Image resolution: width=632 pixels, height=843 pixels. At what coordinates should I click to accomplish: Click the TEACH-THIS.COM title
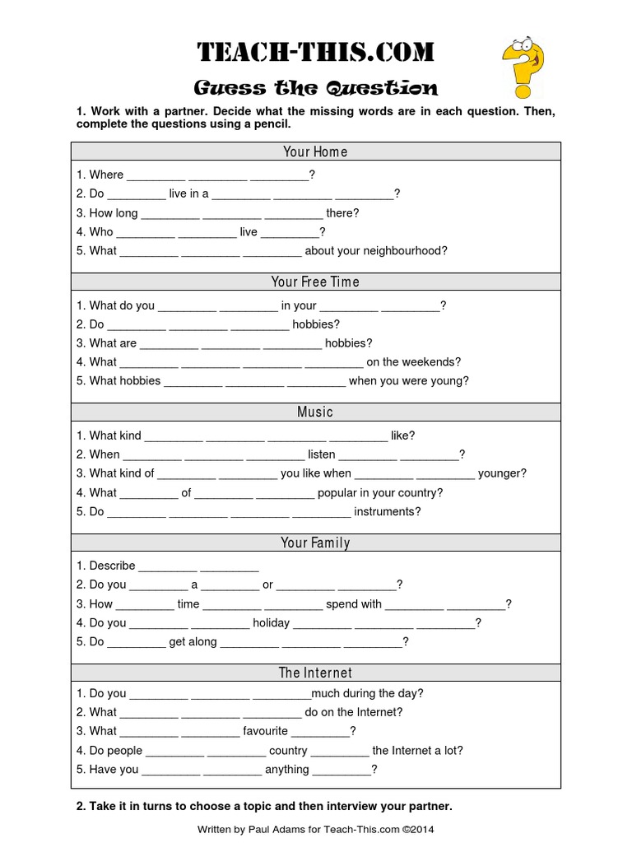click(x=315, y=53)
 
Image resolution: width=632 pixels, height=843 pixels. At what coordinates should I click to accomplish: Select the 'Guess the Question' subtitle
click(x=315, y=88)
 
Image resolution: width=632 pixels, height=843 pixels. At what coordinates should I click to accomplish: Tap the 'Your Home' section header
click(x=315, y=151)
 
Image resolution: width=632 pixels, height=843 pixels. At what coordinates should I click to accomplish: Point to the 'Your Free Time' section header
click(x=315, y=282)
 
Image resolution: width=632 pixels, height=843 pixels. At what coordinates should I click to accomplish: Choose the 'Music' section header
click(x=315, y=412)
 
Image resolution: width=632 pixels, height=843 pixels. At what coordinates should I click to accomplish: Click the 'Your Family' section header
click(x=315, y=543)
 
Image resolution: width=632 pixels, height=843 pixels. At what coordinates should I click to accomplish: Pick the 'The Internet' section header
click(x=315, y=673)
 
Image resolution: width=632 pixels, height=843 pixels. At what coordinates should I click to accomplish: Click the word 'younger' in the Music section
click(x=502, y=473)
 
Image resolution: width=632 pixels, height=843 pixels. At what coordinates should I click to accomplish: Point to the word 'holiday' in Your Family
click(x=271, y=623)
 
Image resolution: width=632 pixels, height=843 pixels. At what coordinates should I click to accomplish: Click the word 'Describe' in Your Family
click(x=112, y=566)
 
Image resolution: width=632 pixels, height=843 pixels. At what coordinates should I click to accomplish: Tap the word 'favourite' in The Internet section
click(x=265, y=731)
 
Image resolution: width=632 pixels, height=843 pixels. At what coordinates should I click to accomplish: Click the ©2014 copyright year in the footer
click(x=417, y=830)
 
